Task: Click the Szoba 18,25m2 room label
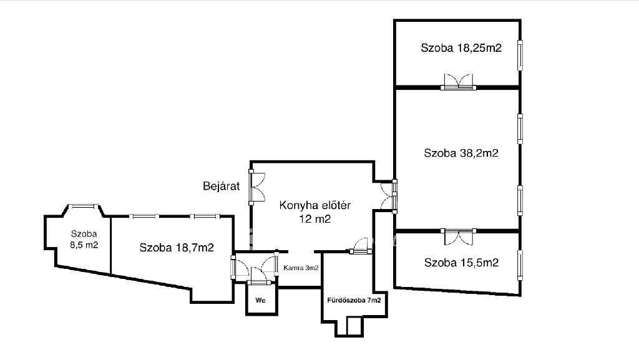pyautogui.click(x=461, y=48)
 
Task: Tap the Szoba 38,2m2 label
pyautogui.click(x=461, y=153)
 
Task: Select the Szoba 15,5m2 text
pyautogui.click(x=461, y=263)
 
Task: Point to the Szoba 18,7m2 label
pyautogui.click(x=177, y=248)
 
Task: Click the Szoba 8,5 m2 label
pyautogui.click(x=84, y=240)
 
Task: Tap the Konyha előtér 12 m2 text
pyautogui.click(x=315, y=212)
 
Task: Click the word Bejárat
pyautogui.click(x=222, y=186)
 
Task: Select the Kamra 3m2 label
pyautogui.click(x=301, y=268)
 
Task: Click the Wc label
pyautogui.click(x=260, y=300)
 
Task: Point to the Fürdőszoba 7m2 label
pyautogui.click(x=354, y=300)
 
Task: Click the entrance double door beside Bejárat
pyautogui.click(x=256, y=187)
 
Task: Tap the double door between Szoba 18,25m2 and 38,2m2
pyautogui.click(x=459, y=82)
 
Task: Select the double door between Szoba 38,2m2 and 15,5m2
pyautogui.click(x=459, y=236)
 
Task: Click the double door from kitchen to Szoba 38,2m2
pyautogui.click(x=389, y=197)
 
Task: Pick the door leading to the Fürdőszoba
pyautogui.click(x=361, y=246)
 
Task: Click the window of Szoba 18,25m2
pyautogui.click(x=520, y=56)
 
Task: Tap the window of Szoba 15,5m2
pyautogui.click(x=520, y=265)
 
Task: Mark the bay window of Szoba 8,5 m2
pyautogui.click(x=83, y=207)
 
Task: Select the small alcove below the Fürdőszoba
pyautogui.click(x=349, y=326)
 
